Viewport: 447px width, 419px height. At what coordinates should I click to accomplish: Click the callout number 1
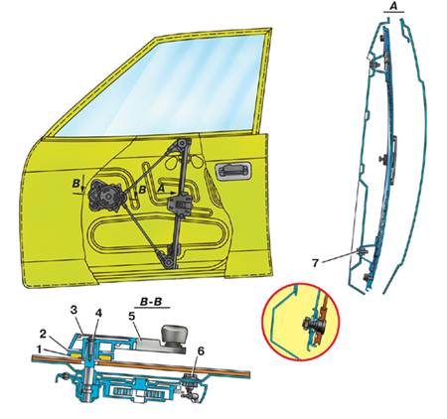[39, 349]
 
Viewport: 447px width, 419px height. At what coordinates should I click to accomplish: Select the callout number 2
[44, 335]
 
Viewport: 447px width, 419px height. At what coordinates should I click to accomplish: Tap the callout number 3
[74, 311]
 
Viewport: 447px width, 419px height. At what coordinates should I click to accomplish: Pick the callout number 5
[132, 317]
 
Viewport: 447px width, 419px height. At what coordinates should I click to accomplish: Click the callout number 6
[201, 351]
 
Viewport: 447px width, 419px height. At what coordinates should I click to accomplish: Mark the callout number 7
[315, 263]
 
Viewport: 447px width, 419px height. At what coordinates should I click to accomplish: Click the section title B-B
[152, 302]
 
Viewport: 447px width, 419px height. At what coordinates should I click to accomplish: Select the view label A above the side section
[393, 6]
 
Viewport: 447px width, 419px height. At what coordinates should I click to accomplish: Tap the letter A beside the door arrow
[161, 189]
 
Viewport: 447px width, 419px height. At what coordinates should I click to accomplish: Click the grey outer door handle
[230, 171]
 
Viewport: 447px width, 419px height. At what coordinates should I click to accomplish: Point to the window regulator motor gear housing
[106, 196]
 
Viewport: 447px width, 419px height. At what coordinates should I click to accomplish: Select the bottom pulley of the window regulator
[169, 262]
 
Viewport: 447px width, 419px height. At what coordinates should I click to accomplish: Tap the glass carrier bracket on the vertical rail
[179, 205]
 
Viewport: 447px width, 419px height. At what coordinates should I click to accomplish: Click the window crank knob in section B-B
[171, 335]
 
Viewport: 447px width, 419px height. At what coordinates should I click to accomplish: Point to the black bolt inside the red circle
[310, 323]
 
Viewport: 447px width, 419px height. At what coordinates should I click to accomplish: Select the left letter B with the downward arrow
[75, 183]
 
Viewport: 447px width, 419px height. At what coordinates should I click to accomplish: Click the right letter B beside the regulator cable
[142, 190]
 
